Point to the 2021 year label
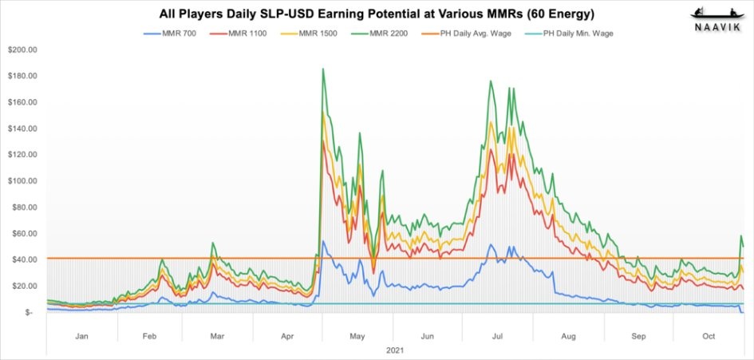pyautogui.click(x=395, y=351)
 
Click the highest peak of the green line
pyautogui.click(x=322, y=69)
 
